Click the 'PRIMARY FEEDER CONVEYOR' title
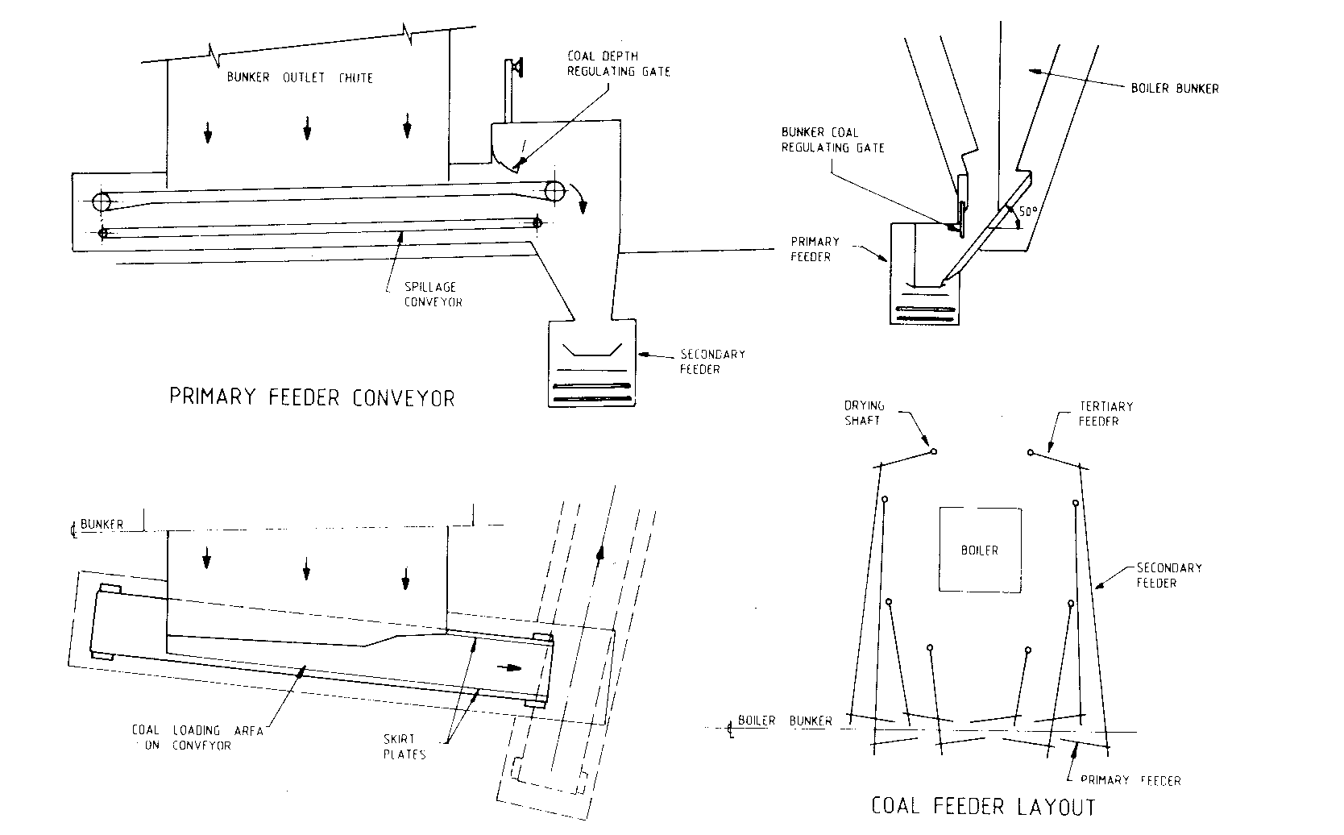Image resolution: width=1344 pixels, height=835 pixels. click(312, 397)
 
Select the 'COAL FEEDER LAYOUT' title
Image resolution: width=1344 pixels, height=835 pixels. click(983, 806)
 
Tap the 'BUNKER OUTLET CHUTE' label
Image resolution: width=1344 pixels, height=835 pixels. click(300, 78)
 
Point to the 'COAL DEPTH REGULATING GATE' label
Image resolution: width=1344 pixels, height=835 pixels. click(618, 64)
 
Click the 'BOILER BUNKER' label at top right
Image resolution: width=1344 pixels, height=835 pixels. click(1175, 88)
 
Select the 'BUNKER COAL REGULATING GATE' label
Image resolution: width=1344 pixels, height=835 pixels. click(832, 139)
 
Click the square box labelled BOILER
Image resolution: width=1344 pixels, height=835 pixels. click(980, 549)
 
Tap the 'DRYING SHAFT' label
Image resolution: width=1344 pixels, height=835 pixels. click(864, 413)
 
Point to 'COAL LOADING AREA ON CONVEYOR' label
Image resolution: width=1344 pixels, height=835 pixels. click(198, 737)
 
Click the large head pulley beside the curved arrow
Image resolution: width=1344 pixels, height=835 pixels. click(554, 191)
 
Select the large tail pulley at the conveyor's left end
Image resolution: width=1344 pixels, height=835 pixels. click(102, 201)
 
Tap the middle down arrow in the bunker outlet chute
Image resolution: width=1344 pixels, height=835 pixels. click(307, 127)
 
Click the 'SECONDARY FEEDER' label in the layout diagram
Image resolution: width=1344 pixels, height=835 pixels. click(1168, 575)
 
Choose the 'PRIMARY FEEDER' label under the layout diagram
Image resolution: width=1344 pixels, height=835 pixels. click(1130, 780)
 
